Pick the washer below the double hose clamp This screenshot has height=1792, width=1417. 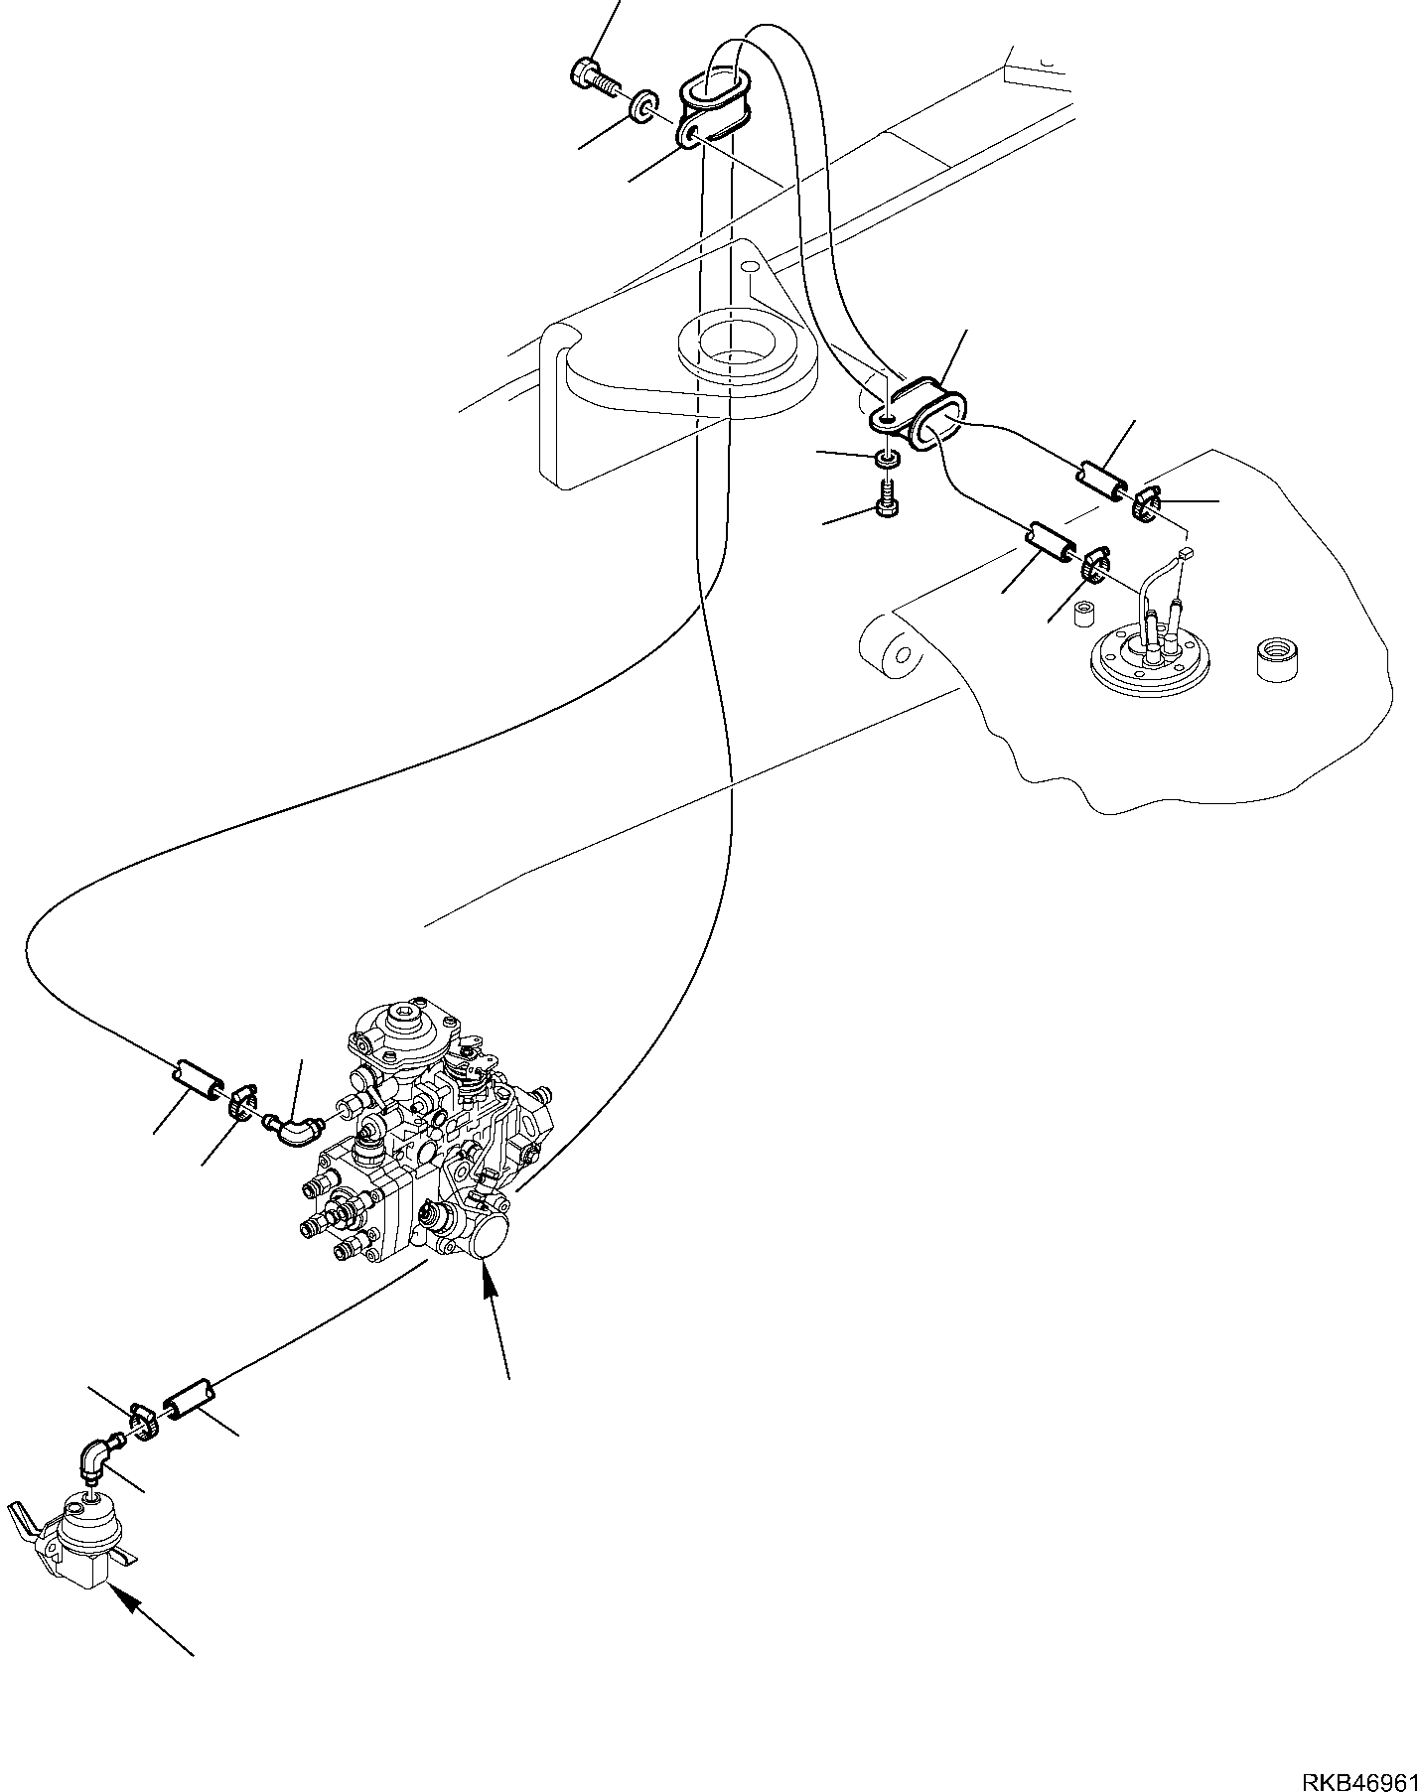[x=888, y=459]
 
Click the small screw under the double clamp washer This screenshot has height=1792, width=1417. [x=887, y=496]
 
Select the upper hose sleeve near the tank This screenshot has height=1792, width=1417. [x=1102, y=479]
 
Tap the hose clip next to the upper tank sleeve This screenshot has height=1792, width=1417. [x=1145, y=503]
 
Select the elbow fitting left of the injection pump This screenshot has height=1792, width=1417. [x=293, y=1129]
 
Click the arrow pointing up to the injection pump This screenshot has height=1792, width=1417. [x=496, y=1320]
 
